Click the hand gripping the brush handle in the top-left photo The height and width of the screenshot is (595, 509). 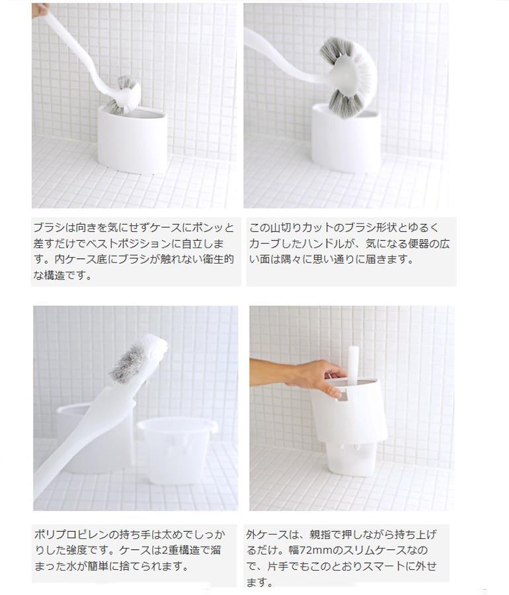pyautogui.click(x=40, y=9)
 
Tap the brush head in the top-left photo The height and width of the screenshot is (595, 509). pyautogui.click(x=123, y=95)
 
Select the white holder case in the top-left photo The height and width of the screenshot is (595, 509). pyautogui.click(x=132, y=139)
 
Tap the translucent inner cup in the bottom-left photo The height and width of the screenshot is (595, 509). pyautogui.click(x=176, y=450)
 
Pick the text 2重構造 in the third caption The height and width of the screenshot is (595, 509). pyautogui.click(x=184, y=550)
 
